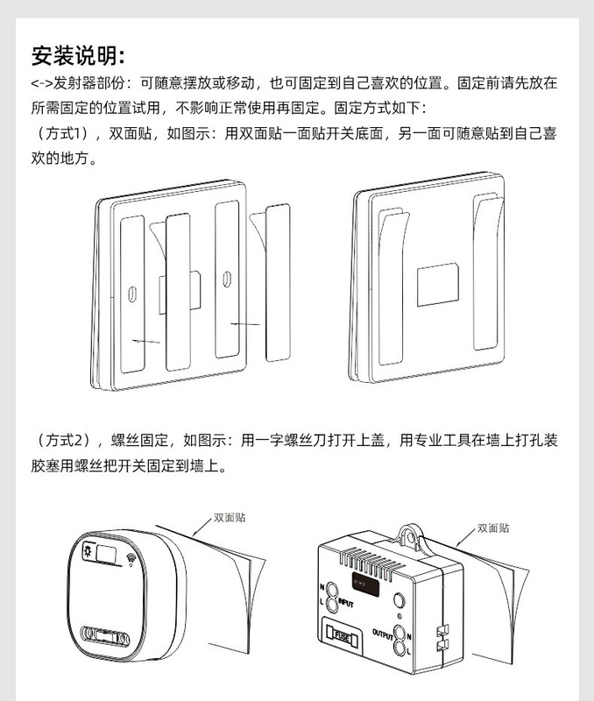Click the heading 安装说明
click(x=79, y=55)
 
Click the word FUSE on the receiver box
click(x=343, y=635)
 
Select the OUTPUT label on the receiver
click(x=383, y=632)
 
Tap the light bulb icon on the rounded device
click(x=88, y=553)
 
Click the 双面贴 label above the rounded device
click(x=230, y=517)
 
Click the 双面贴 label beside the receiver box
click(x=493, y=528)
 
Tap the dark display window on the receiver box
click(x=365, y=583)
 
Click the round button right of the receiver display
click(x=399, y=600)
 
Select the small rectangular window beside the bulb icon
click(x=110, y=554)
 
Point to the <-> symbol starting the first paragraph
click(x=41, y=84)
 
